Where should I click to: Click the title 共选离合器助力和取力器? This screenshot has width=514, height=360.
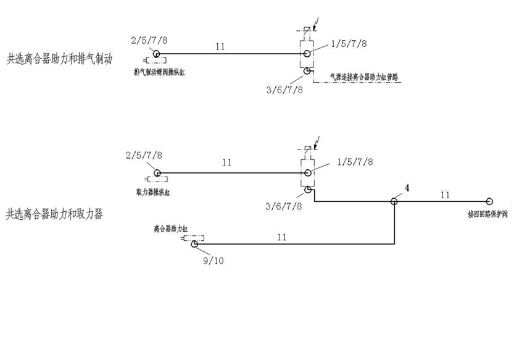(54, 215)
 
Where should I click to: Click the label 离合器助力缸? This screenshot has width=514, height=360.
(170, 228)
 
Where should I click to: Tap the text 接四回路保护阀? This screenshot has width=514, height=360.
(487, 215)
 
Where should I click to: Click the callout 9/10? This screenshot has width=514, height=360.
(212, 260)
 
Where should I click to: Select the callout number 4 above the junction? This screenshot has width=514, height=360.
(407, 187)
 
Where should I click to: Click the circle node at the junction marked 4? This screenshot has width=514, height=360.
(394, 201)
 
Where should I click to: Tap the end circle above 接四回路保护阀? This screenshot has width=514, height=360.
(489, 201)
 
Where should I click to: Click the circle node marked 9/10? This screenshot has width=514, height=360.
(194, 245)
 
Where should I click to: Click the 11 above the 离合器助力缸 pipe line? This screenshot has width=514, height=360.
(281, 237)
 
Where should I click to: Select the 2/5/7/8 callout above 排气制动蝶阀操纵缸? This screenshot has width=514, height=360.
(149, 41)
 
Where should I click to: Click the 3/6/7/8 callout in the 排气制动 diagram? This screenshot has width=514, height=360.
(284, 90)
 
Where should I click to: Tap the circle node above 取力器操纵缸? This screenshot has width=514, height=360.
(157, 174)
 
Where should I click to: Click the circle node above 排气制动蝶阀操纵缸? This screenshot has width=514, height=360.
(157, 54)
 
